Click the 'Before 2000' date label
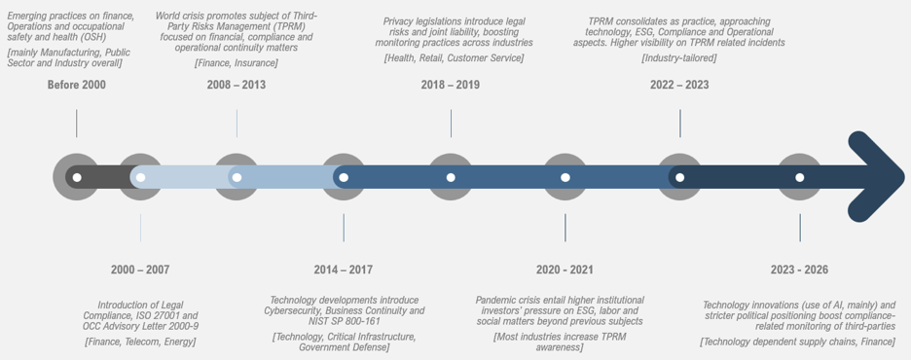click(x=77, y=85)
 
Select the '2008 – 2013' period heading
click(x=236, y=85)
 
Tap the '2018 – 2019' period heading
click(x=451, y=85)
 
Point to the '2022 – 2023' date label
click(x=679, y=85)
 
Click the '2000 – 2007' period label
click(x=140, y=270)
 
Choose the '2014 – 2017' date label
click(x=344, y=270)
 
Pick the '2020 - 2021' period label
click(x=565, y=270)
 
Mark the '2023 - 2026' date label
click(x=799, y=270)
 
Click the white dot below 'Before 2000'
click(x=77, y=177)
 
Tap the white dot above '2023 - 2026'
click(x=799, y=177)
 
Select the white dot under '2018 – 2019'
click(x=451, y=177)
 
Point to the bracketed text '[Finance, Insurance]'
click(x=236, y=62)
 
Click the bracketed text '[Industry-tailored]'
click(x=679, y=58)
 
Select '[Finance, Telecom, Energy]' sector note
click(x=140, y=342)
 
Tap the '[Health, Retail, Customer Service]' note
click(x=454, y=58)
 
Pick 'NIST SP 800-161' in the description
click(x=343, y=321)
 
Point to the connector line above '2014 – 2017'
click(x=344, y=228)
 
